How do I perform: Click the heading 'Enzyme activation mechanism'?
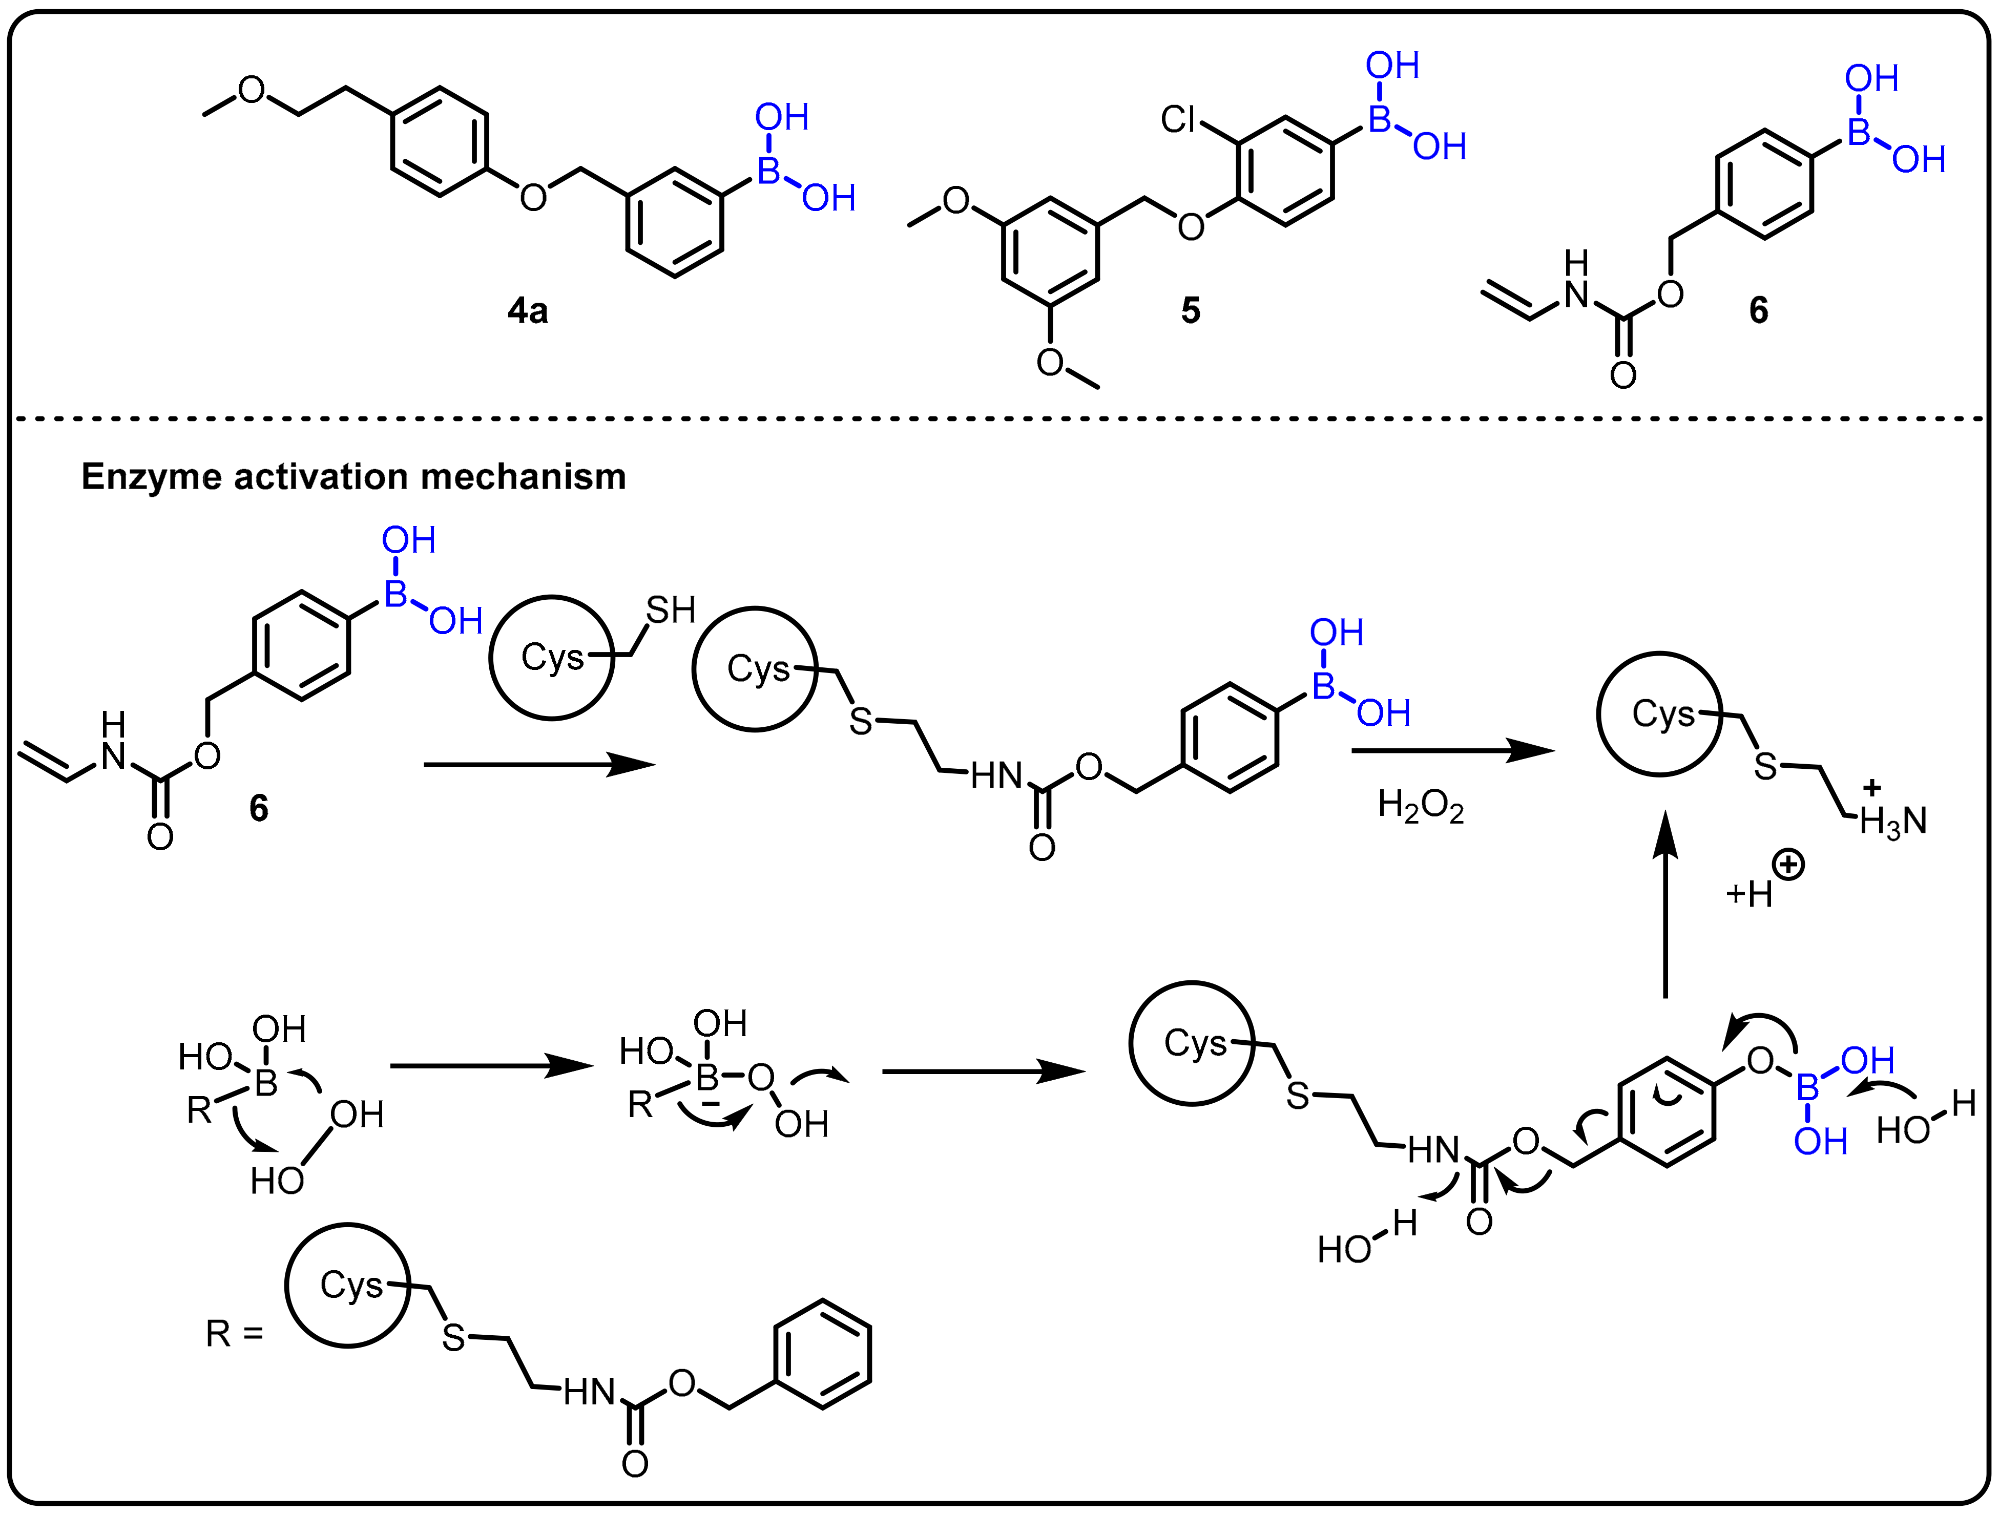[353, 476]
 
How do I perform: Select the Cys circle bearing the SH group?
[551, 658]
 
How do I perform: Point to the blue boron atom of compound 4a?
[768, 171]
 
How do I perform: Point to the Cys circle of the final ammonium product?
[1660, 713]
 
